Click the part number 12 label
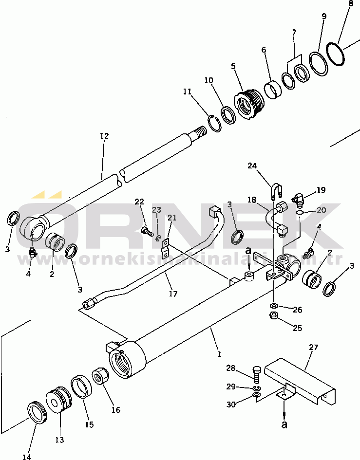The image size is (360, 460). (104, 136)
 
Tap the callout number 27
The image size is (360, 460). (313, 348)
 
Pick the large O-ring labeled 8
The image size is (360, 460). (336, 54)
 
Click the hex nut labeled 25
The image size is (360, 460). (274, 316)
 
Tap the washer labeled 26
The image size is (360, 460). (274, 305)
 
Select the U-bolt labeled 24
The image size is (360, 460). (275, 189)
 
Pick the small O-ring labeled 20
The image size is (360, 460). (301, 212)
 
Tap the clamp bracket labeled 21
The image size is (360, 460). (166, 246)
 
